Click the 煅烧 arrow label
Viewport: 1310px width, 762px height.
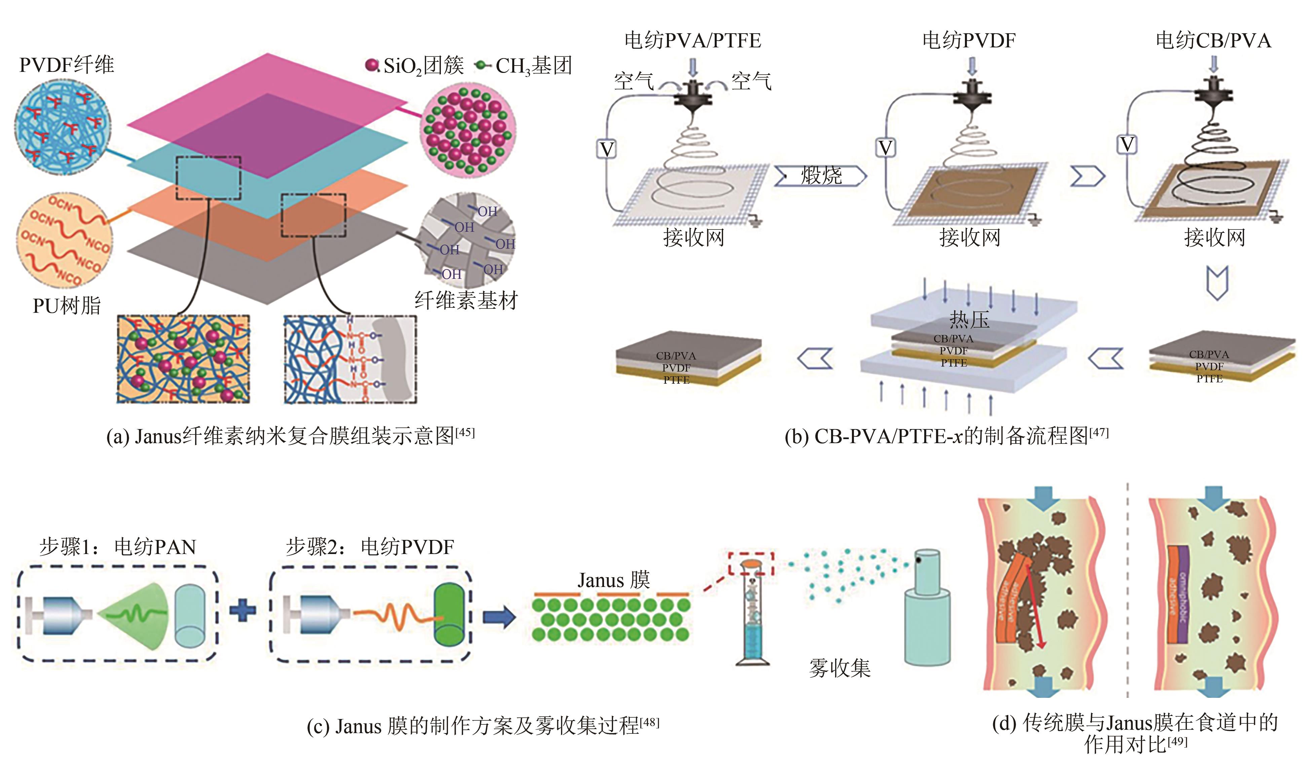[x=821, y=176]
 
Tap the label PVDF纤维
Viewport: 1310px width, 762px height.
[x=67, y=65]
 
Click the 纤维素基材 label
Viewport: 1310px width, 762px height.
[x=466, y=300]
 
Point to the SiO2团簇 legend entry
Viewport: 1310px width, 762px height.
[x=416, y=66]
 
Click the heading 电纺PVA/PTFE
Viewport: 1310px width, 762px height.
[x=693, y=41]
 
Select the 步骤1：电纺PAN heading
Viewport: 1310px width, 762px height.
[x=118, y=547]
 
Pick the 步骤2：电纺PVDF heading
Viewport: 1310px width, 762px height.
[x=370, y=547]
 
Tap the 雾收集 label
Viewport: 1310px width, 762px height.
[x=839, y=668]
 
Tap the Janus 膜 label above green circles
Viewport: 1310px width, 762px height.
[x=613, y=580]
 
